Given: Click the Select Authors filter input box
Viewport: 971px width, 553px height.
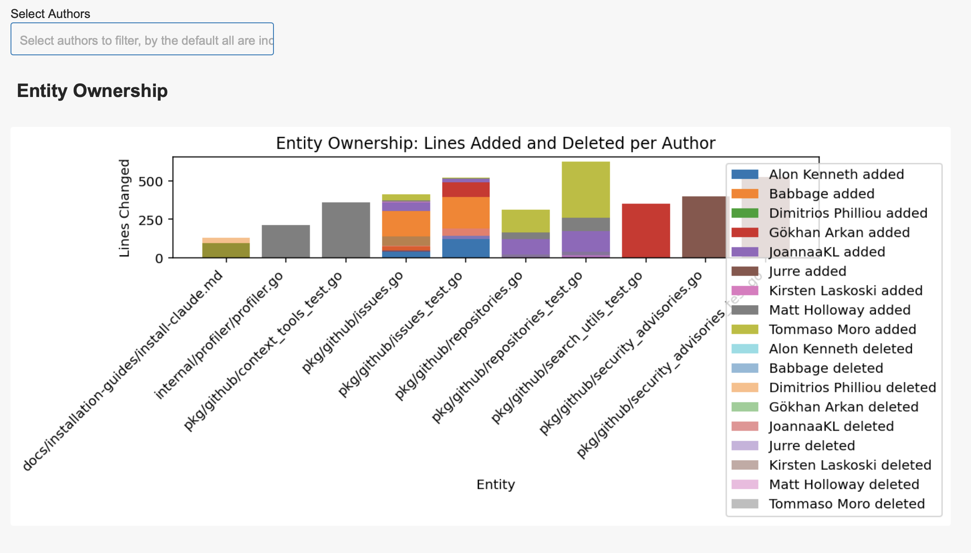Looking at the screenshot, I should coord(142,39).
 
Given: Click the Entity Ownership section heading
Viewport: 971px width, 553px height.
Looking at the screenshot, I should coord(92,91).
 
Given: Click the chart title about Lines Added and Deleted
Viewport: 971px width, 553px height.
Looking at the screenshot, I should coord(495,143).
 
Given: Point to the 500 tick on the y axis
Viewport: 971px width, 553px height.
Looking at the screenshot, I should coord(150,182).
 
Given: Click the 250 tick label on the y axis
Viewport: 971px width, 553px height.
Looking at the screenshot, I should coord(150,220).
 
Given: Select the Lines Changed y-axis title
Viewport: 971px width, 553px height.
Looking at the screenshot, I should coord(124,208).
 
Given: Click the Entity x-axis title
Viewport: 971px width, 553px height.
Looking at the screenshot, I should coord(496,485).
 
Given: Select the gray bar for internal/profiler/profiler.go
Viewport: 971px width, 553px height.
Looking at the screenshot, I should coord(286,241).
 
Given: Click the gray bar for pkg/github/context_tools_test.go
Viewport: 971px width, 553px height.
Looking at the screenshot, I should coord(346,230).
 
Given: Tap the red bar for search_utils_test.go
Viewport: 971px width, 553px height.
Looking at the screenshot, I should coord(646,230).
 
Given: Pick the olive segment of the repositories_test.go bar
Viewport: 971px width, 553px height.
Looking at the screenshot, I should coord(586,190).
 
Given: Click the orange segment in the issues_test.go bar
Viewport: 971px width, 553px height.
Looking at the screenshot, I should coord(466,212).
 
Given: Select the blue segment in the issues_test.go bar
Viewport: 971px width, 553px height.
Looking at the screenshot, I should coord(466,248).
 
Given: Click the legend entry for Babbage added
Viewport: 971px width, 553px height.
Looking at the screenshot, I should coord(821,194).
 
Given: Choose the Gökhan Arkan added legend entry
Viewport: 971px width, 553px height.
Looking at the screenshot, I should coord(839,232).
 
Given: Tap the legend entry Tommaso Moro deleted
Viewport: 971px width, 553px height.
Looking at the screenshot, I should coord(846,503).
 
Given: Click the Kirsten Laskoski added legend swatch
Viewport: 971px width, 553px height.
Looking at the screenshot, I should coord(745,291).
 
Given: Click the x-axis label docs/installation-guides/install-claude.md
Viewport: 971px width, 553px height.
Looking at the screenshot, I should coord(123,371).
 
